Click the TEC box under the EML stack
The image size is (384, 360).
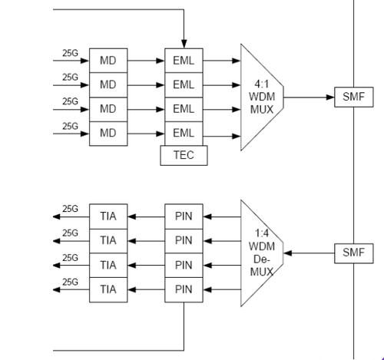[184, 155]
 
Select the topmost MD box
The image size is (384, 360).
[108, 61]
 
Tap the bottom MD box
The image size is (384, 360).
[108, 134]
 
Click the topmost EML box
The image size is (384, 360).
[184, 61]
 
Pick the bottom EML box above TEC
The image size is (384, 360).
[184, 134]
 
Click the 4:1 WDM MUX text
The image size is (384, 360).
[262, 97]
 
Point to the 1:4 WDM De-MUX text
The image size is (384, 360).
[262, 253]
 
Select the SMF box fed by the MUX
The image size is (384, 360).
[354, 97]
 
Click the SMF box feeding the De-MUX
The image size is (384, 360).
[354, 253]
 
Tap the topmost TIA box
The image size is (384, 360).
[108, 216]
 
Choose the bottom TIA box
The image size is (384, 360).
[108, 289]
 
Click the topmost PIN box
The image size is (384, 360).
[184, 216]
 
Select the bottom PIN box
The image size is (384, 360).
[184, 289]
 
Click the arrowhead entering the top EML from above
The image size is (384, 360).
[184, 44]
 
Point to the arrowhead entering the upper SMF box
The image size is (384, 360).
[330, 97]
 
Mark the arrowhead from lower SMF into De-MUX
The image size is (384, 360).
[288, 253]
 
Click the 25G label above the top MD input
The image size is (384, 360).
[70, 53]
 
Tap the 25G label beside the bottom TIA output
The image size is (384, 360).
[70, 282]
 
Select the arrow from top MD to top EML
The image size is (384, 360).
[146, 61]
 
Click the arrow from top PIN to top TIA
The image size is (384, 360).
[146, 217]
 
